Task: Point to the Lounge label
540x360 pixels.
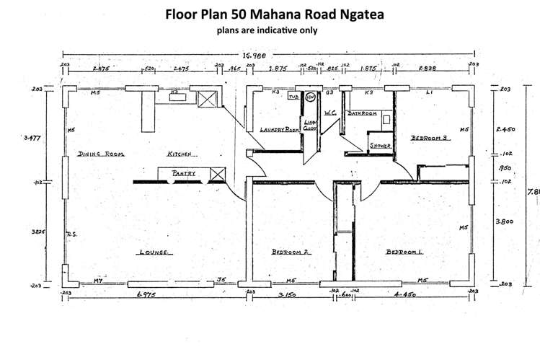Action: click(153, 253)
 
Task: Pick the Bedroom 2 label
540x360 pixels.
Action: click(291, 253)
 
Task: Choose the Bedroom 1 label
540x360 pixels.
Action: click(405, 253)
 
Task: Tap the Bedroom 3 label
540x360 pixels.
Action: click(430, 137)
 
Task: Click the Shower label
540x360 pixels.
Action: click(380, 145)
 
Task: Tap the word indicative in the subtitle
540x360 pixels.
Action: click(270, 30)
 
